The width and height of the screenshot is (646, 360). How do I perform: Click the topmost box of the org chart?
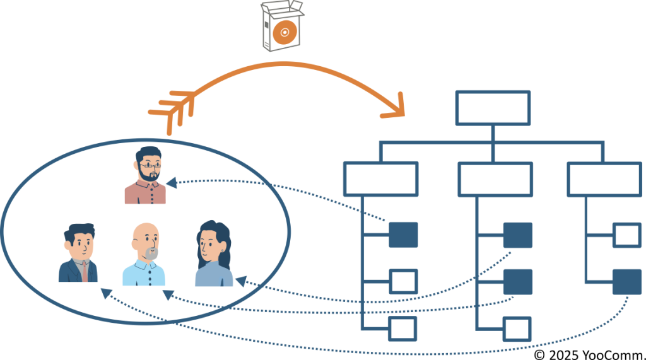(493, 108)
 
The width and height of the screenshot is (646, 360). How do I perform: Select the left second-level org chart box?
(380, 179)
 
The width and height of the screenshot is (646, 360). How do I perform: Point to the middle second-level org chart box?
(495, 179)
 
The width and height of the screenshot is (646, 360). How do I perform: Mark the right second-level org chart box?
(604, 179)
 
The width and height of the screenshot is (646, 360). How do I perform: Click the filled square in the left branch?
(403, 235)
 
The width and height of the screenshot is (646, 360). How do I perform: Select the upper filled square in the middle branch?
(517, 235)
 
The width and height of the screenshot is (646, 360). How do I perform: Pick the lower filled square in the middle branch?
(517, 281)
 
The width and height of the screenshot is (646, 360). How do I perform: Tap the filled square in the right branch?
(627, 281)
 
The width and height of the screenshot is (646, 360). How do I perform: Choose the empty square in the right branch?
(627, 235)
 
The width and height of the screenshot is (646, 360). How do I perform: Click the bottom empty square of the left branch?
(402, 328)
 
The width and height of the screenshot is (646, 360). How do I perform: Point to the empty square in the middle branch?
(517, 328)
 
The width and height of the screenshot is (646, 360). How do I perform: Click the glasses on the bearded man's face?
(149, 166)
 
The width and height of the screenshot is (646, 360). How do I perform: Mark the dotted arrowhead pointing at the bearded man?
(171, 183)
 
